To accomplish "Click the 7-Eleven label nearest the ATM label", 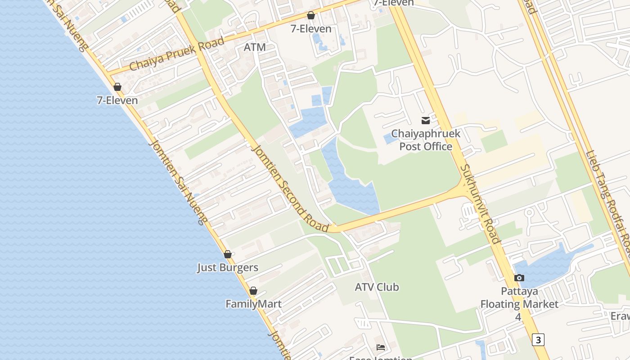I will tap(311, 29).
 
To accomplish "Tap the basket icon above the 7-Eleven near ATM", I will tap(310, 16).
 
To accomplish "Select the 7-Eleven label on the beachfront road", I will tap(117, 100).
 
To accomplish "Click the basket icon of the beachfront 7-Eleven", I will tap(117, 87).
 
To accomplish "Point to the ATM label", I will tap(255, 47).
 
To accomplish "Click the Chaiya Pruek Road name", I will tap(176, 54).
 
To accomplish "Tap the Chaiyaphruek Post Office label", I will tap(426, 140).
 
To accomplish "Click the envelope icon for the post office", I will tap(426, 120).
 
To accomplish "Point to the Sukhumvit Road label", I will tap(480, 204).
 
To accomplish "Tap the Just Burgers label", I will tap(228, 267).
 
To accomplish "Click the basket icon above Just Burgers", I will tap(228, 254).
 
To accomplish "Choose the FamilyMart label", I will tap(254, 304).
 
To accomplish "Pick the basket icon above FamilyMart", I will tap(253, 291).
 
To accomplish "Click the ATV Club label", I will tap(377, 287).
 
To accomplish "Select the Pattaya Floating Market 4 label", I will tap(519, 304).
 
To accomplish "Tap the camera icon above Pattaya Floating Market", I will tap(519, 278).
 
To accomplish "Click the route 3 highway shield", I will tap(538, 339).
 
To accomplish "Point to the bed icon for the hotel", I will tap(381, 347).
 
